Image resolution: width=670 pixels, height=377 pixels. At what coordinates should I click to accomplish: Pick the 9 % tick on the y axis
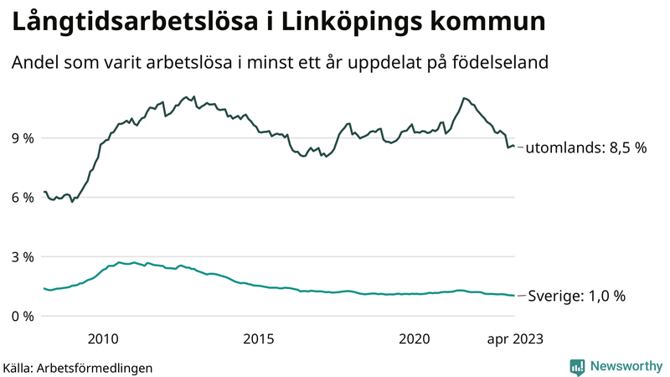pos(22,137)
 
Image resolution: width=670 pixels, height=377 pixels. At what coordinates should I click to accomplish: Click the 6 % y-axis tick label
pos(22,197)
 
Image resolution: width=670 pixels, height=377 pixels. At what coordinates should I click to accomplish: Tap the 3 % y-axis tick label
pos(22,256)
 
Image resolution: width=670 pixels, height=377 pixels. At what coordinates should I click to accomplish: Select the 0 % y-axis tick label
pos(22,316)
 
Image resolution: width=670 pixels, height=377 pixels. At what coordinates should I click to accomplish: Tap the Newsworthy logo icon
pos(577,366)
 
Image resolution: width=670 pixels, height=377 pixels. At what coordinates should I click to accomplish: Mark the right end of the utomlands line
pos(513,147)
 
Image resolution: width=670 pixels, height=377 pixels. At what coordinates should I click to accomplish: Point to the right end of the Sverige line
pos(513,295)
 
